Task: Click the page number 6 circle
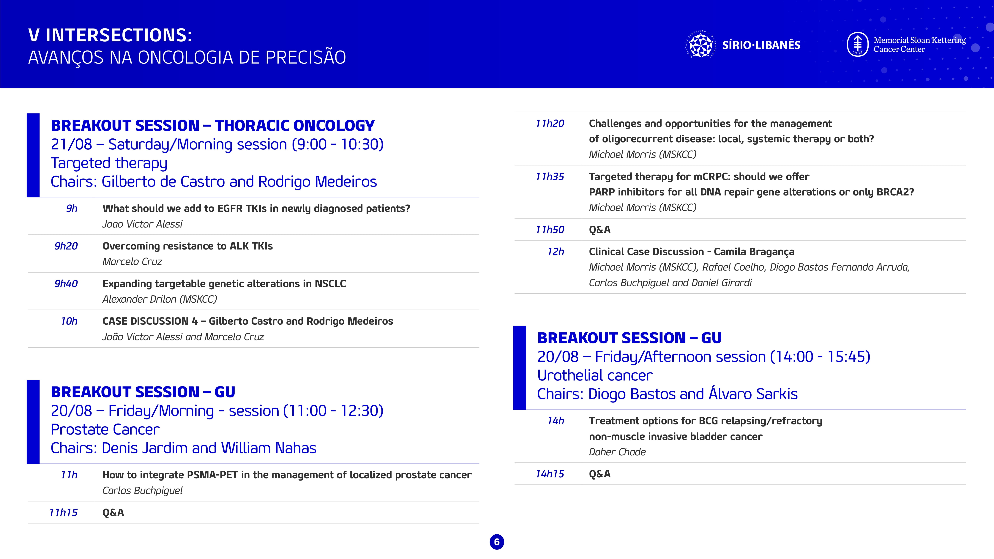click(497, 542)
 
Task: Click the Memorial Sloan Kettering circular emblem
click(857, 44)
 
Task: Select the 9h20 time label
click(66, 246)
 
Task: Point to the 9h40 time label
click(66, 284)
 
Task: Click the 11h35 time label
click(550, 177)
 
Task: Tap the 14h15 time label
click(550, 474)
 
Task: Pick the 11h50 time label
click(550, 230)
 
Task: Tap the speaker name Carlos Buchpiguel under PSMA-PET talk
click(142, 491)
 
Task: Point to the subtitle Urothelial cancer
click(595, 375)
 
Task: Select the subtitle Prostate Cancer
click(105, 429)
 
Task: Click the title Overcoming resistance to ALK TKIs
click(187, 246)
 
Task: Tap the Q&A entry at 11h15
click(113, 513)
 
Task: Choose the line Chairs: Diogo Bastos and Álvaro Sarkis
click(667, 394)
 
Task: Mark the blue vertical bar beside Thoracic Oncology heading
click(33, 155)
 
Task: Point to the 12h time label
click(556, 252)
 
